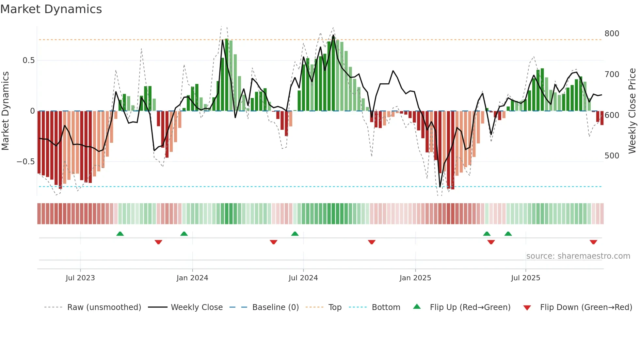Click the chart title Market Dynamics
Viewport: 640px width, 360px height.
click(x=51, y=9)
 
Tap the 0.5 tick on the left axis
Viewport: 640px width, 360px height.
click(x=28, y=60)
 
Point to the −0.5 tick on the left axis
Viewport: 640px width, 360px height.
click(x=25, y=162)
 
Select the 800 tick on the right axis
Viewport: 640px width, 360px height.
click(x=612, y=34)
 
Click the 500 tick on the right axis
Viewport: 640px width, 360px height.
click(x=612, y=156)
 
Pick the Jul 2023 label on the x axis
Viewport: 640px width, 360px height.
click(x=80, y=278)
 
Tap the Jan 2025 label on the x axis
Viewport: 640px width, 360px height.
click(x=415, y=278)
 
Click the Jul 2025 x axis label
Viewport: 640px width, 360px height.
click(x=525, y=278)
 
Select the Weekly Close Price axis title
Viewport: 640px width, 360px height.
click(x=632, y=111)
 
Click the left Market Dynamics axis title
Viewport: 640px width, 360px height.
click(x=5, y=111)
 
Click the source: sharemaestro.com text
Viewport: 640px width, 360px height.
click(x=578, y=256)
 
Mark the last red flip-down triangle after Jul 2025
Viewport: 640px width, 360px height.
click(x=593, y=242)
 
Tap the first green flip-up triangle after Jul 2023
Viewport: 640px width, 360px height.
click(x=120, y=234)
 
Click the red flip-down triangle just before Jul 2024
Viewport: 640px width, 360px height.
click(x=274, y=242)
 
